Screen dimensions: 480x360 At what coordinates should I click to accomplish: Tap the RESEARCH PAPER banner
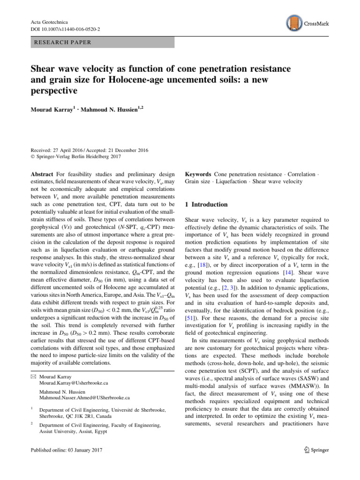(x=101, y=42)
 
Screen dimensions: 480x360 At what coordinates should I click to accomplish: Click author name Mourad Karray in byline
(x=49, y=111)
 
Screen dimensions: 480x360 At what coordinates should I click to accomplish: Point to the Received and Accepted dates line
(x=89, y=150)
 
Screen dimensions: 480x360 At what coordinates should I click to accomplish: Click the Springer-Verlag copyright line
(x=75, y=157)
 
